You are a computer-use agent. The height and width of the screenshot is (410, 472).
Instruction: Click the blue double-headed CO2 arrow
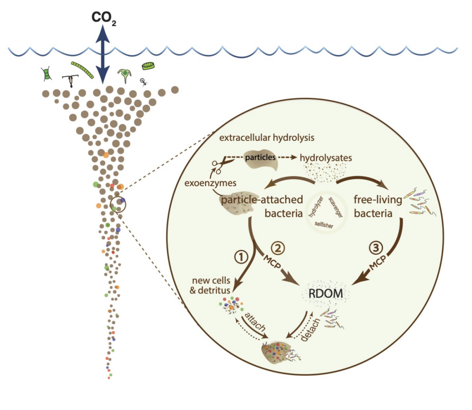[x=103, y=54]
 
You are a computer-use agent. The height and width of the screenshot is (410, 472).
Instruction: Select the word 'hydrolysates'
[x=326, y=158]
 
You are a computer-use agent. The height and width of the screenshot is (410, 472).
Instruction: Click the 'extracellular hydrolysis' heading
[x=267, y=138]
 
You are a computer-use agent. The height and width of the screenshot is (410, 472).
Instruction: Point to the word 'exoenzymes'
[x=210, y=183]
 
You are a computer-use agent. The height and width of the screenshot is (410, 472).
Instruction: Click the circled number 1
[x=241, y=257]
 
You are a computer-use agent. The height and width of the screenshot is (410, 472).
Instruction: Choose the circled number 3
[x=376, y=248]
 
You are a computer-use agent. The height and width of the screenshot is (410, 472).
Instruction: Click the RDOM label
[x=326, y=294]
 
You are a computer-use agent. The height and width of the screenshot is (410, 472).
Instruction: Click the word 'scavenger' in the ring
[x=335, y=208]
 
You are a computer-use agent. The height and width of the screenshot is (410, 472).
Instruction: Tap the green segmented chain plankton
[x=82, y=70]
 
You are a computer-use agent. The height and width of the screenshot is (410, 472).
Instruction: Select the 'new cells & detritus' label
[x=211, y=285]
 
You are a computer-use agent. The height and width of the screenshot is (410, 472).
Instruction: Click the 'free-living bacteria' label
[x=378, y=206]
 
